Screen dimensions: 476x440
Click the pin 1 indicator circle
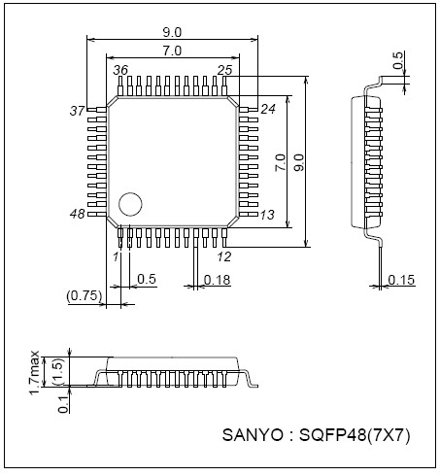point(129,204)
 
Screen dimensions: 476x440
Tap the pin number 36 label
point(121,71)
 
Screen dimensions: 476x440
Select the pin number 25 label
point(224,71)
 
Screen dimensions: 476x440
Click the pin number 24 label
point(268,109)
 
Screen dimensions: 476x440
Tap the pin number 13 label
point(268,214)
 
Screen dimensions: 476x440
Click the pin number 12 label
point(223,256)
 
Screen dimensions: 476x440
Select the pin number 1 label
point(116,256)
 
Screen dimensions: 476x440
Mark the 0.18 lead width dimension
point(218,280)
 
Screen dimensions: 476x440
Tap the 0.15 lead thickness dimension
point(401,280)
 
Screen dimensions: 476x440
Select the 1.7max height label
point(34,373)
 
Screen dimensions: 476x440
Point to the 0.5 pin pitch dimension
point(147,280)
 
